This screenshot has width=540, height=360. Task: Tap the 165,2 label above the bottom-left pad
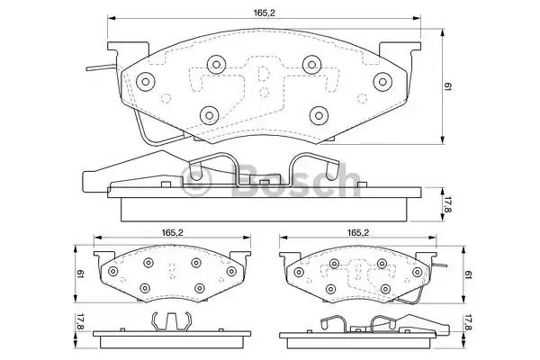pyautogui.click(x=172, y=232)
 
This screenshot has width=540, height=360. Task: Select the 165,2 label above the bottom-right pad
pyautogui.click(x=358, y=232)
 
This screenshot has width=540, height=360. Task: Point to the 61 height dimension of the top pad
pyautogui.click(x=447, y=86)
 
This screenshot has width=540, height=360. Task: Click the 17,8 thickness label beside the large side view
pyautogui.click(x=447, y=204)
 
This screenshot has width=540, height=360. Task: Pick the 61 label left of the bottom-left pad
pyautogui.click(x=80, y=274)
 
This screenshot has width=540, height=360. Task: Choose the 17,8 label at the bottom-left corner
pyautogui.click(x=80, y=322)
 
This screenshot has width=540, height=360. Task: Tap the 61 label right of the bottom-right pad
pyautogui.click(x=468, y=274)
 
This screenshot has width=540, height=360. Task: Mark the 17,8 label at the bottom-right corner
pyautogui.click(x=468, y=323)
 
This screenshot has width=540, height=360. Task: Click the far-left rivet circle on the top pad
pyautogui.click(x=145, y=82)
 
